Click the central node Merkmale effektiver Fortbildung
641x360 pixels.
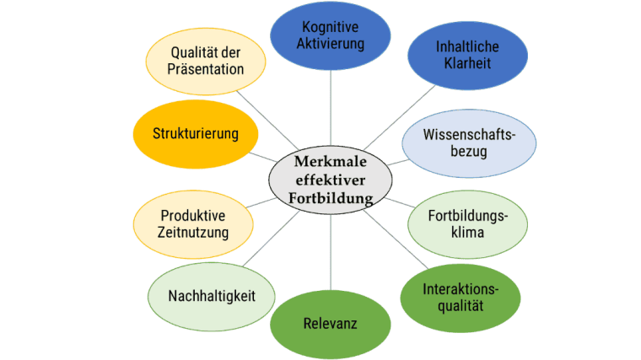[x=329, y=179]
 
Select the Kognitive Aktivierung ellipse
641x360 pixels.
[x=331, y=35]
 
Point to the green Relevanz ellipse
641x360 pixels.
[x=330, y=322]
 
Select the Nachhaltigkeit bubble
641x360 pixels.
[x=212, y=295]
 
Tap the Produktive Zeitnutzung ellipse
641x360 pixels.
[x=194, y=223]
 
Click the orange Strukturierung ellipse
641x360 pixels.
[x=196, y=133]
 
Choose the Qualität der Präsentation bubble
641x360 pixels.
[x=207, y=63]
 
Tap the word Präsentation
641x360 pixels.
[x=207, y=71]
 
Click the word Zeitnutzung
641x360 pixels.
[x=194, y=232]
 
